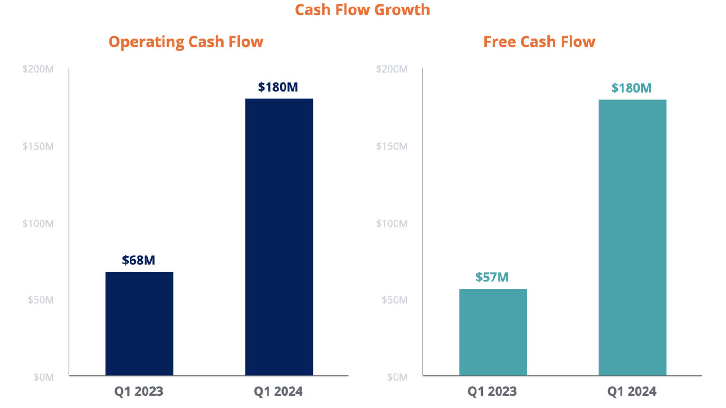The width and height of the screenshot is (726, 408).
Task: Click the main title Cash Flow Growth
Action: (x=363, y=10)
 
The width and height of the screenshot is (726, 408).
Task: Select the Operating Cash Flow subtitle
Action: (x=186, y=42)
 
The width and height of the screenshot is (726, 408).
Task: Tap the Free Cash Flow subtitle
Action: (x=539, y=42)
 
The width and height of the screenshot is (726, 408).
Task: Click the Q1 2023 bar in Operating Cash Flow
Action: (x=139, y=324)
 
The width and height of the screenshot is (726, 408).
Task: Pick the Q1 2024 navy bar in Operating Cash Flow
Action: (x=279, y=237)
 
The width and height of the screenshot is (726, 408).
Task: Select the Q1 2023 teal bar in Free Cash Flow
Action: (x=493, y=332)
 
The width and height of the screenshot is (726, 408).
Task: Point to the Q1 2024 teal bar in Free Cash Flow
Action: (x=632, y=238)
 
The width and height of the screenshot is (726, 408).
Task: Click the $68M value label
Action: (x=138, y=260)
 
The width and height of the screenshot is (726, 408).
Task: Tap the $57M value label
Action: (x=492, y=277)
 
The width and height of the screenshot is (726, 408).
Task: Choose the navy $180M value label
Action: (x=278, y=87)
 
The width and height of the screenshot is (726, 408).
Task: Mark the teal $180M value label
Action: (x=631, y=88)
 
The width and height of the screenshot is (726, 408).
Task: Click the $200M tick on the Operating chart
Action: (x=38, y=69)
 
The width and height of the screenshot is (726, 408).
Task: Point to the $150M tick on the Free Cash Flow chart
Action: (x=392, y=146)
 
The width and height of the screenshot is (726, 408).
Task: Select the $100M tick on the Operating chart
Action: (x=38, y=223)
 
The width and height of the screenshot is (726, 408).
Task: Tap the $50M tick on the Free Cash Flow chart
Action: (x=395, y=300)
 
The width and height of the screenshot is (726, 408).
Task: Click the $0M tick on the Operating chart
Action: (x=43, y=377)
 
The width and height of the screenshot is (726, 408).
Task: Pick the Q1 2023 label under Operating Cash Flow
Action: (x=138, y=391)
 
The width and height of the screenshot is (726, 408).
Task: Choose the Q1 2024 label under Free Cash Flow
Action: (x=632, y=391)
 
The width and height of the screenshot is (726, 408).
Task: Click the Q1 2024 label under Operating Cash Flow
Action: (x=278, y=391)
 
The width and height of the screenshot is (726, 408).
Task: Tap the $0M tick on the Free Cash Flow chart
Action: (x=398, y=377)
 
